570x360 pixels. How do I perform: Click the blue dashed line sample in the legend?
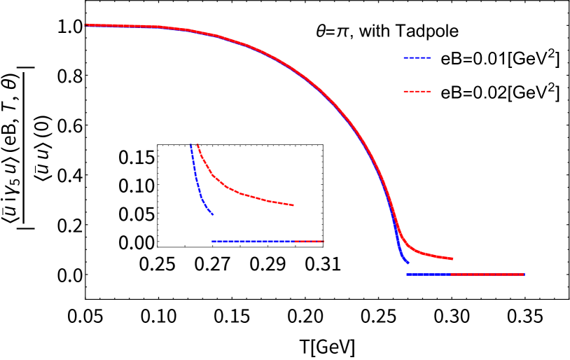click(417, 57)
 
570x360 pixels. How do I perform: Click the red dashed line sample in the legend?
click(417, 91)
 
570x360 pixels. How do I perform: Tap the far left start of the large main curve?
click(85, 25)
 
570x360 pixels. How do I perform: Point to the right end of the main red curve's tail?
click(452, 258)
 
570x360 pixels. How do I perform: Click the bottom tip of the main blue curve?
click(408, 263)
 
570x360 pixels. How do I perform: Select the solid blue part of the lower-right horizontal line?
click(428, 274)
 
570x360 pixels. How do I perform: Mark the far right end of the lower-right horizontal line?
click(523, 274)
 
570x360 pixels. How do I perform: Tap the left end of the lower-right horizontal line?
click(407, 274)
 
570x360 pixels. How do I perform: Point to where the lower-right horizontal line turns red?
click(451, 274)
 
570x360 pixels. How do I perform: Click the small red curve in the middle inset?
click(245, 195)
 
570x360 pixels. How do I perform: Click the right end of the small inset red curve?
click(293, 205)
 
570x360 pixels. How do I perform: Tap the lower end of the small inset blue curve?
click(212, 214)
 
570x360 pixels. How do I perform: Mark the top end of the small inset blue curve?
click(191, 145)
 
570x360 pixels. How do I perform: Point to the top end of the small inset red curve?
click(197, 145)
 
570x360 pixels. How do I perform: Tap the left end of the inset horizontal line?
click(212, 241)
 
